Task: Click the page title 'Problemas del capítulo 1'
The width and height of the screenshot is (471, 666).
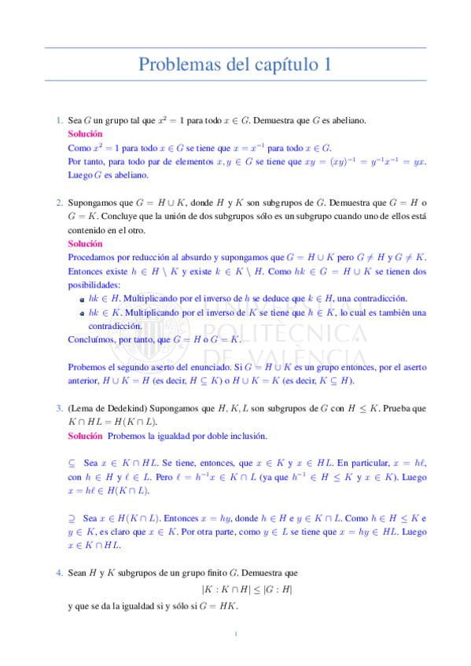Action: coord(235,65)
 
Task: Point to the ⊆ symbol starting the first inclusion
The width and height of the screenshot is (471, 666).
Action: coord(72,463)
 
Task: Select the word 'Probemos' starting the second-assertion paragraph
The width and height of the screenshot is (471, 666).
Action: coord(86,367)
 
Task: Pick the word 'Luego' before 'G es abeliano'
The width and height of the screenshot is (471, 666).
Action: coord(79,175)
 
